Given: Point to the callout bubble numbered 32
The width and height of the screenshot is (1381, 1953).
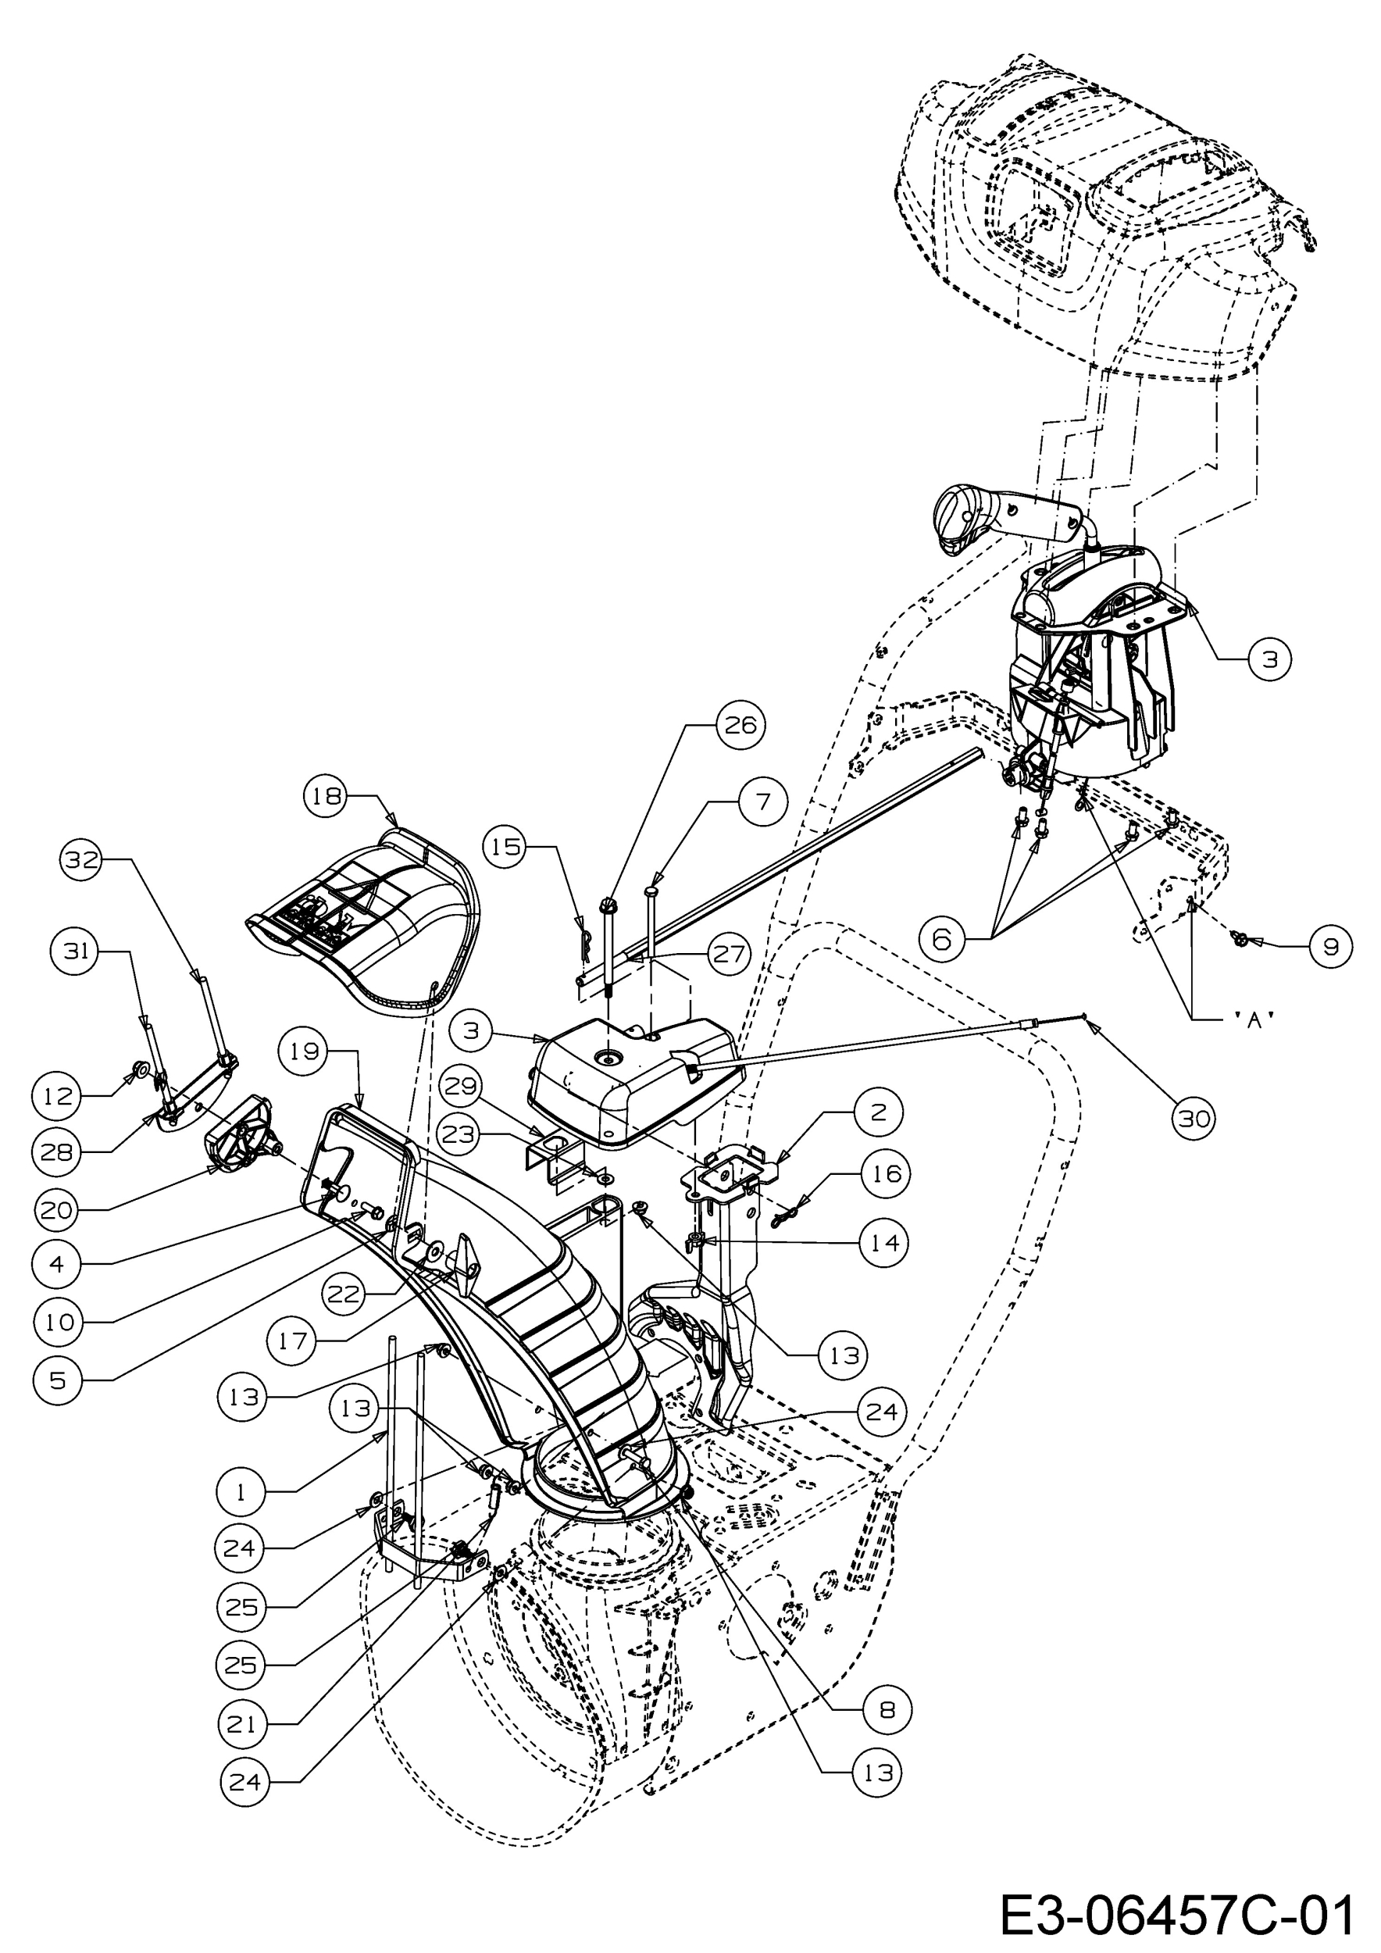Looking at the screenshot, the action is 80,861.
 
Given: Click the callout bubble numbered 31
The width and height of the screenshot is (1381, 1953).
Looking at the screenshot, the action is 77,951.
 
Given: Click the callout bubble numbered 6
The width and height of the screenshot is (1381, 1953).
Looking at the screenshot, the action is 942,939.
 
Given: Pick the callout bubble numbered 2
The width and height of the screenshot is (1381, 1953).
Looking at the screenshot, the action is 879,1112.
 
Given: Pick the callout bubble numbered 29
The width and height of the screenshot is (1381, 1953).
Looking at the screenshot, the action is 460,1087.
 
